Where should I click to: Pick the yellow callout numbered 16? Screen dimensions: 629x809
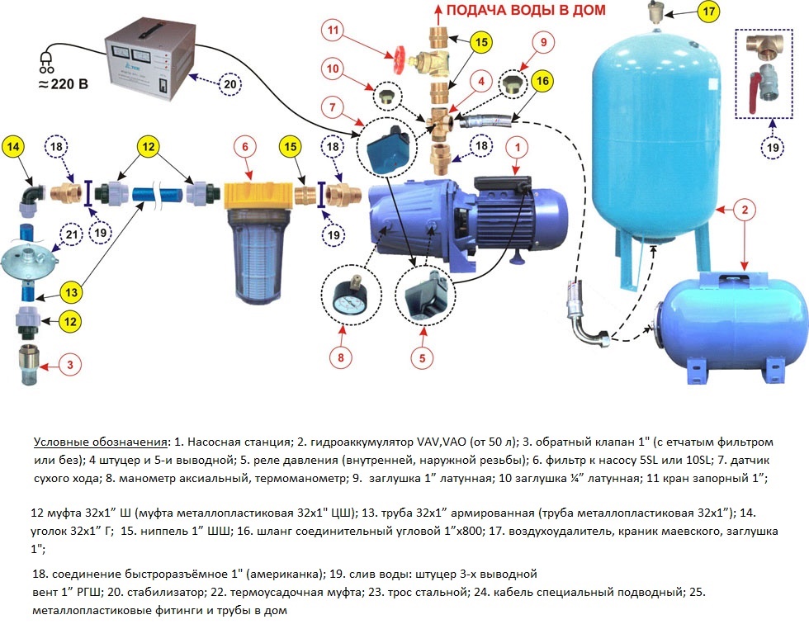[542, 81]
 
